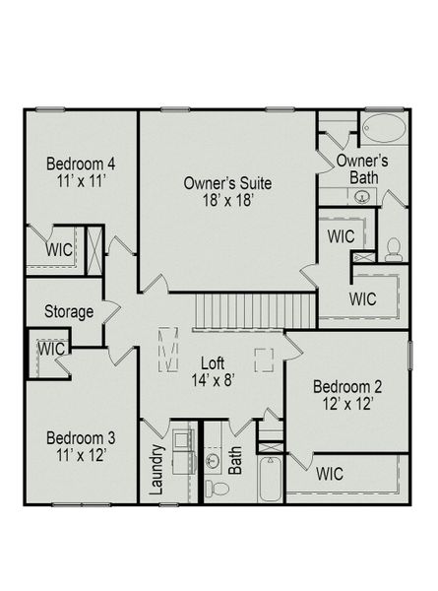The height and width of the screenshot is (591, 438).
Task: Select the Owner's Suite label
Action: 227,183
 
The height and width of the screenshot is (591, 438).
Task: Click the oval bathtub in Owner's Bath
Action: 381,130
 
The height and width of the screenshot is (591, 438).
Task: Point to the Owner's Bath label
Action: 361,168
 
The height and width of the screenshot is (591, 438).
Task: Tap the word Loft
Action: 214,361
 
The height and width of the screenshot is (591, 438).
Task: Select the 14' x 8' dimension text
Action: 214,380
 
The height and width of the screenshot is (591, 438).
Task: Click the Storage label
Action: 69,312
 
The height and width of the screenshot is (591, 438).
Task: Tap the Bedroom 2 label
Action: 345,385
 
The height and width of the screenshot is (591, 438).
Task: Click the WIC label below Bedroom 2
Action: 331,474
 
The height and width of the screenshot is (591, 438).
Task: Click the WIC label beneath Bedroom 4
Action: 58,249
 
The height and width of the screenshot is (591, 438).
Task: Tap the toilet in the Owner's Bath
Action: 394,247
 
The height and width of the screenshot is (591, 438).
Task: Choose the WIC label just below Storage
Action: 50,349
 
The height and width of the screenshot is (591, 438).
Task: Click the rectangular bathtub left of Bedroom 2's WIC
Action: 270,479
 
